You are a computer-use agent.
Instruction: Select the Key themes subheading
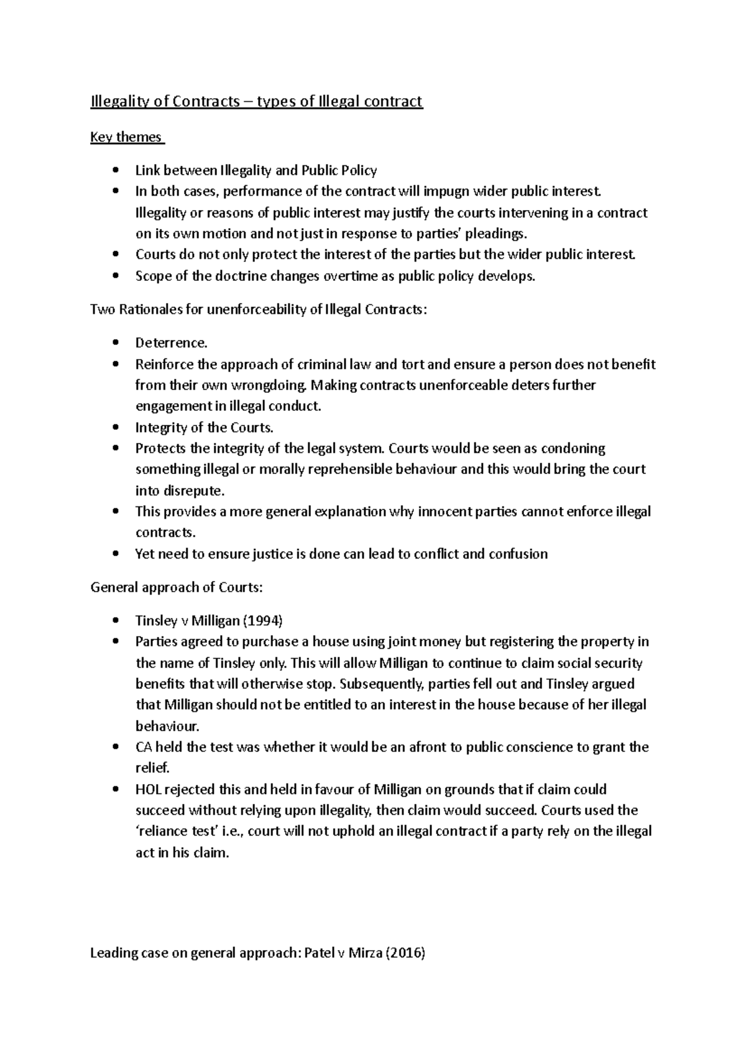click(126, 137)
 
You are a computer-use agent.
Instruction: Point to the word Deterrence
click(170, 343)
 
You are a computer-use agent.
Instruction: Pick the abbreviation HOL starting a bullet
click(147, 789)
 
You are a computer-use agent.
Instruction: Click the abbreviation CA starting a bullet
click(144, 747)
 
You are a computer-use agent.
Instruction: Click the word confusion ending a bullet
click(518, 554)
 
